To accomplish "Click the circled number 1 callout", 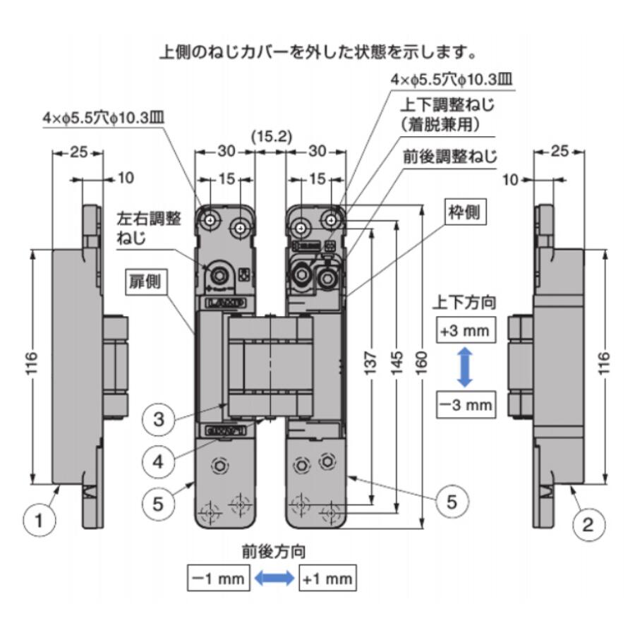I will (40, 521).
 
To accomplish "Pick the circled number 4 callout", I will (159, 461).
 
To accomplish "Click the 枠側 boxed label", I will (466, 211).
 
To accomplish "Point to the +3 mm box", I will (464, 330).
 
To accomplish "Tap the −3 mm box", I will (464, 404).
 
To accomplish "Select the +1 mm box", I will (327, 579).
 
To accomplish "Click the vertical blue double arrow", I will (464, 367).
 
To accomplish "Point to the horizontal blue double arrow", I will (274, 579).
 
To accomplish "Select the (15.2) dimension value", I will (271, 134).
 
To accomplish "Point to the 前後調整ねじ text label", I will (449, 155).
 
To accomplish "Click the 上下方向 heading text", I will (464, 303).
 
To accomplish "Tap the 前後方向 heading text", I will (272, 551).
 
